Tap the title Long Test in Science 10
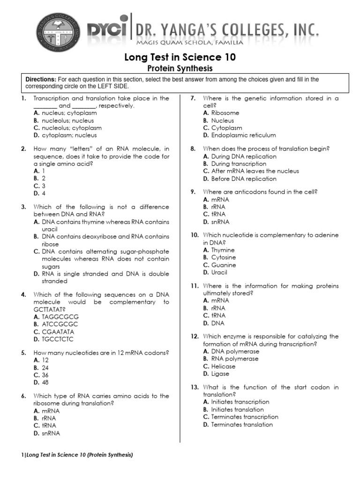180,58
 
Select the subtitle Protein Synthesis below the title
180,68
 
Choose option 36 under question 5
45,375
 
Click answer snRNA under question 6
51,434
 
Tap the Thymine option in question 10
223,250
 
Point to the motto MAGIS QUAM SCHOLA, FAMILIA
189,43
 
